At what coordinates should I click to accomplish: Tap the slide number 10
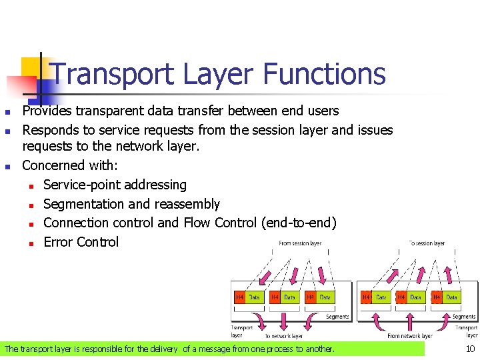tap(469, 349)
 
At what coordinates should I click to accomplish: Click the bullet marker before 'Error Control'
tap(31, 243)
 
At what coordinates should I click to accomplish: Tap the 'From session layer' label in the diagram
tap(300, 243)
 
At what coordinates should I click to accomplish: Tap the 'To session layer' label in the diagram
tap(427, 243)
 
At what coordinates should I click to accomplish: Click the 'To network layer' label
tap(283, 336)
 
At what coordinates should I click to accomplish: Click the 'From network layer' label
tap(410, 336)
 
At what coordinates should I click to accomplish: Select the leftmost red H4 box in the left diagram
tap(239, 297)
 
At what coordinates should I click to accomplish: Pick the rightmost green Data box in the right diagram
tap(451, 297)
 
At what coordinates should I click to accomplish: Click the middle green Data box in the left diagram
tap(289, 297)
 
